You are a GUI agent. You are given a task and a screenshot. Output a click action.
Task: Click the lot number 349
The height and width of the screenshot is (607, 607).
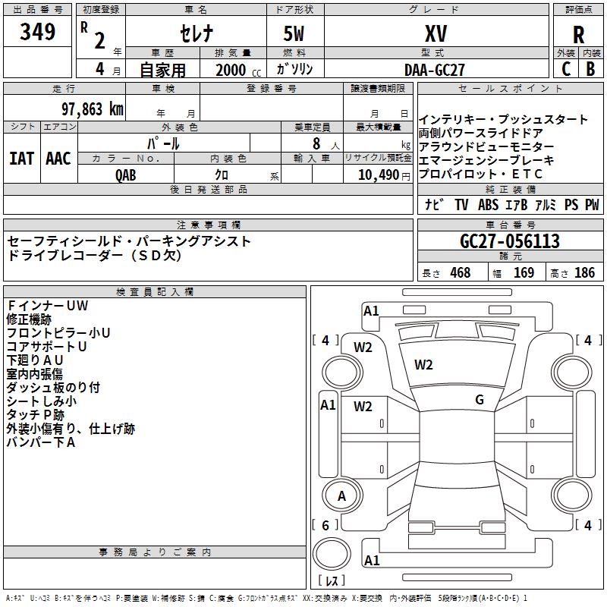click(38, 32)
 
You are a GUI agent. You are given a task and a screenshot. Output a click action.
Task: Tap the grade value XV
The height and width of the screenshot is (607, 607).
click(436, 33)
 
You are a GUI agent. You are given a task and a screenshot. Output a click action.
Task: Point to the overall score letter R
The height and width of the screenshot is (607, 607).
click(578, 34)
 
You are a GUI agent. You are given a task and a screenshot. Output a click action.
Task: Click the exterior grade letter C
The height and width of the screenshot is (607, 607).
click(565, 68)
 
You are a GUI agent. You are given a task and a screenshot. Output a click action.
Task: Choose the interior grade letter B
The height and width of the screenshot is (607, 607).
click(591, 68)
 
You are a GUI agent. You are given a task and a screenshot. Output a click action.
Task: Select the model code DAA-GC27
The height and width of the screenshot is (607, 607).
click(435, 69)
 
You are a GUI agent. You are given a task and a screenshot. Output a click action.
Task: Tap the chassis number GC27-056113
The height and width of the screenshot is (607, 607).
click(510, 241)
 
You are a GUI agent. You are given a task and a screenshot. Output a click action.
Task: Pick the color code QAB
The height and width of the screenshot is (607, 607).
click(126, 174)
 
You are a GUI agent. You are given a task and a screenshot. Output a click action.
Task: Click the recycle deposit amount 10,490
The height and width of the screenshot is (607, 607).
click(378, 175)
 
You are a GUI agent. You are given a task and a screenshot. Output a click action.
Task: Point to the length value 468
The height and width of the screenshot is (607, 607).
click(460, 273)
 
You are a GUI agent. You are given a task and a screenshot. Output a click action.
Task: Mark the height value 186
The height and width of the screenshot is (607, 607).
click(584, 273)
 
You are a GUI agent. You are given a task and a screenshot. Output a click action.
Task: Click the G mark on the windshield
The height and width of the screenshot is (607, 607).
click(479, 400)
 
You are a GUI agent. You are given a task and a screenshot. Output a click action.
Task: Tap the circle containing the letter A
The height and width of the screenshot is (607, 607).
click(341, 496)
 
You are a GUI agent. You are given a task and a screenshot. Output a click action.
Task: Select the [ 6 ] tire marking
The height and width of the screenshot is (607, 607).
click(326, 525)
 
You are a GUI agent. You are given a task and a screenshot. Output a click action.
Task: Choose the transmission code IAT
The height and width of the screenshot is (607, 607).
click(21, 159)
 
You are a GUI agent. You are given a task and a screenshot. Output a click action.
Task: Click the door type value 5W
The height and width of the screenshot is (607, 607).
click(296, 33)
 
